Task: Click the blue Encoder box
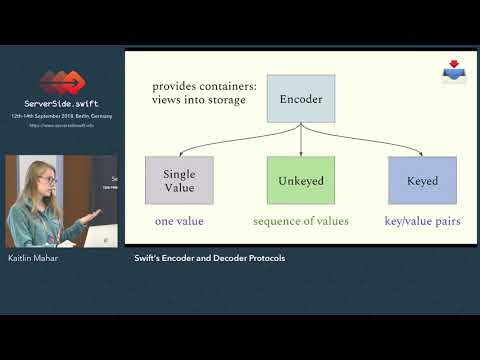pos(300,100)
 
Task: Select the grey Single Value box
pos(179,180)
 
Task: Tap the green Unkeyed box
pos(300,180)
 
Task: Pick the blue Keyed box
pos(422,181)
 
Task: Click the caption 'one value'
pos(179,221)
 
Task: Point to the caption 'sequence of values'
pos(300,221)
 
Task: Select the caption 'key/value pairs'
pos(422,221)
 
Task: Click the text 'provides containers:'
pos(204,87)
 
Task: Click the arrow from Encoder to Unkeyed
pos(300,140)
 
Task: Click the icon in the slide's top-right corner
pos(455,71)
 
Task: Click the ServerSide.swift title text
pos(62,103)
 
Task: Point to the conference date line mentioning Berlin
pos(62,116)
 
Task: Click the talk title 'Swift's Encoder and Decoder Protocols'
pos(209,258)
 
